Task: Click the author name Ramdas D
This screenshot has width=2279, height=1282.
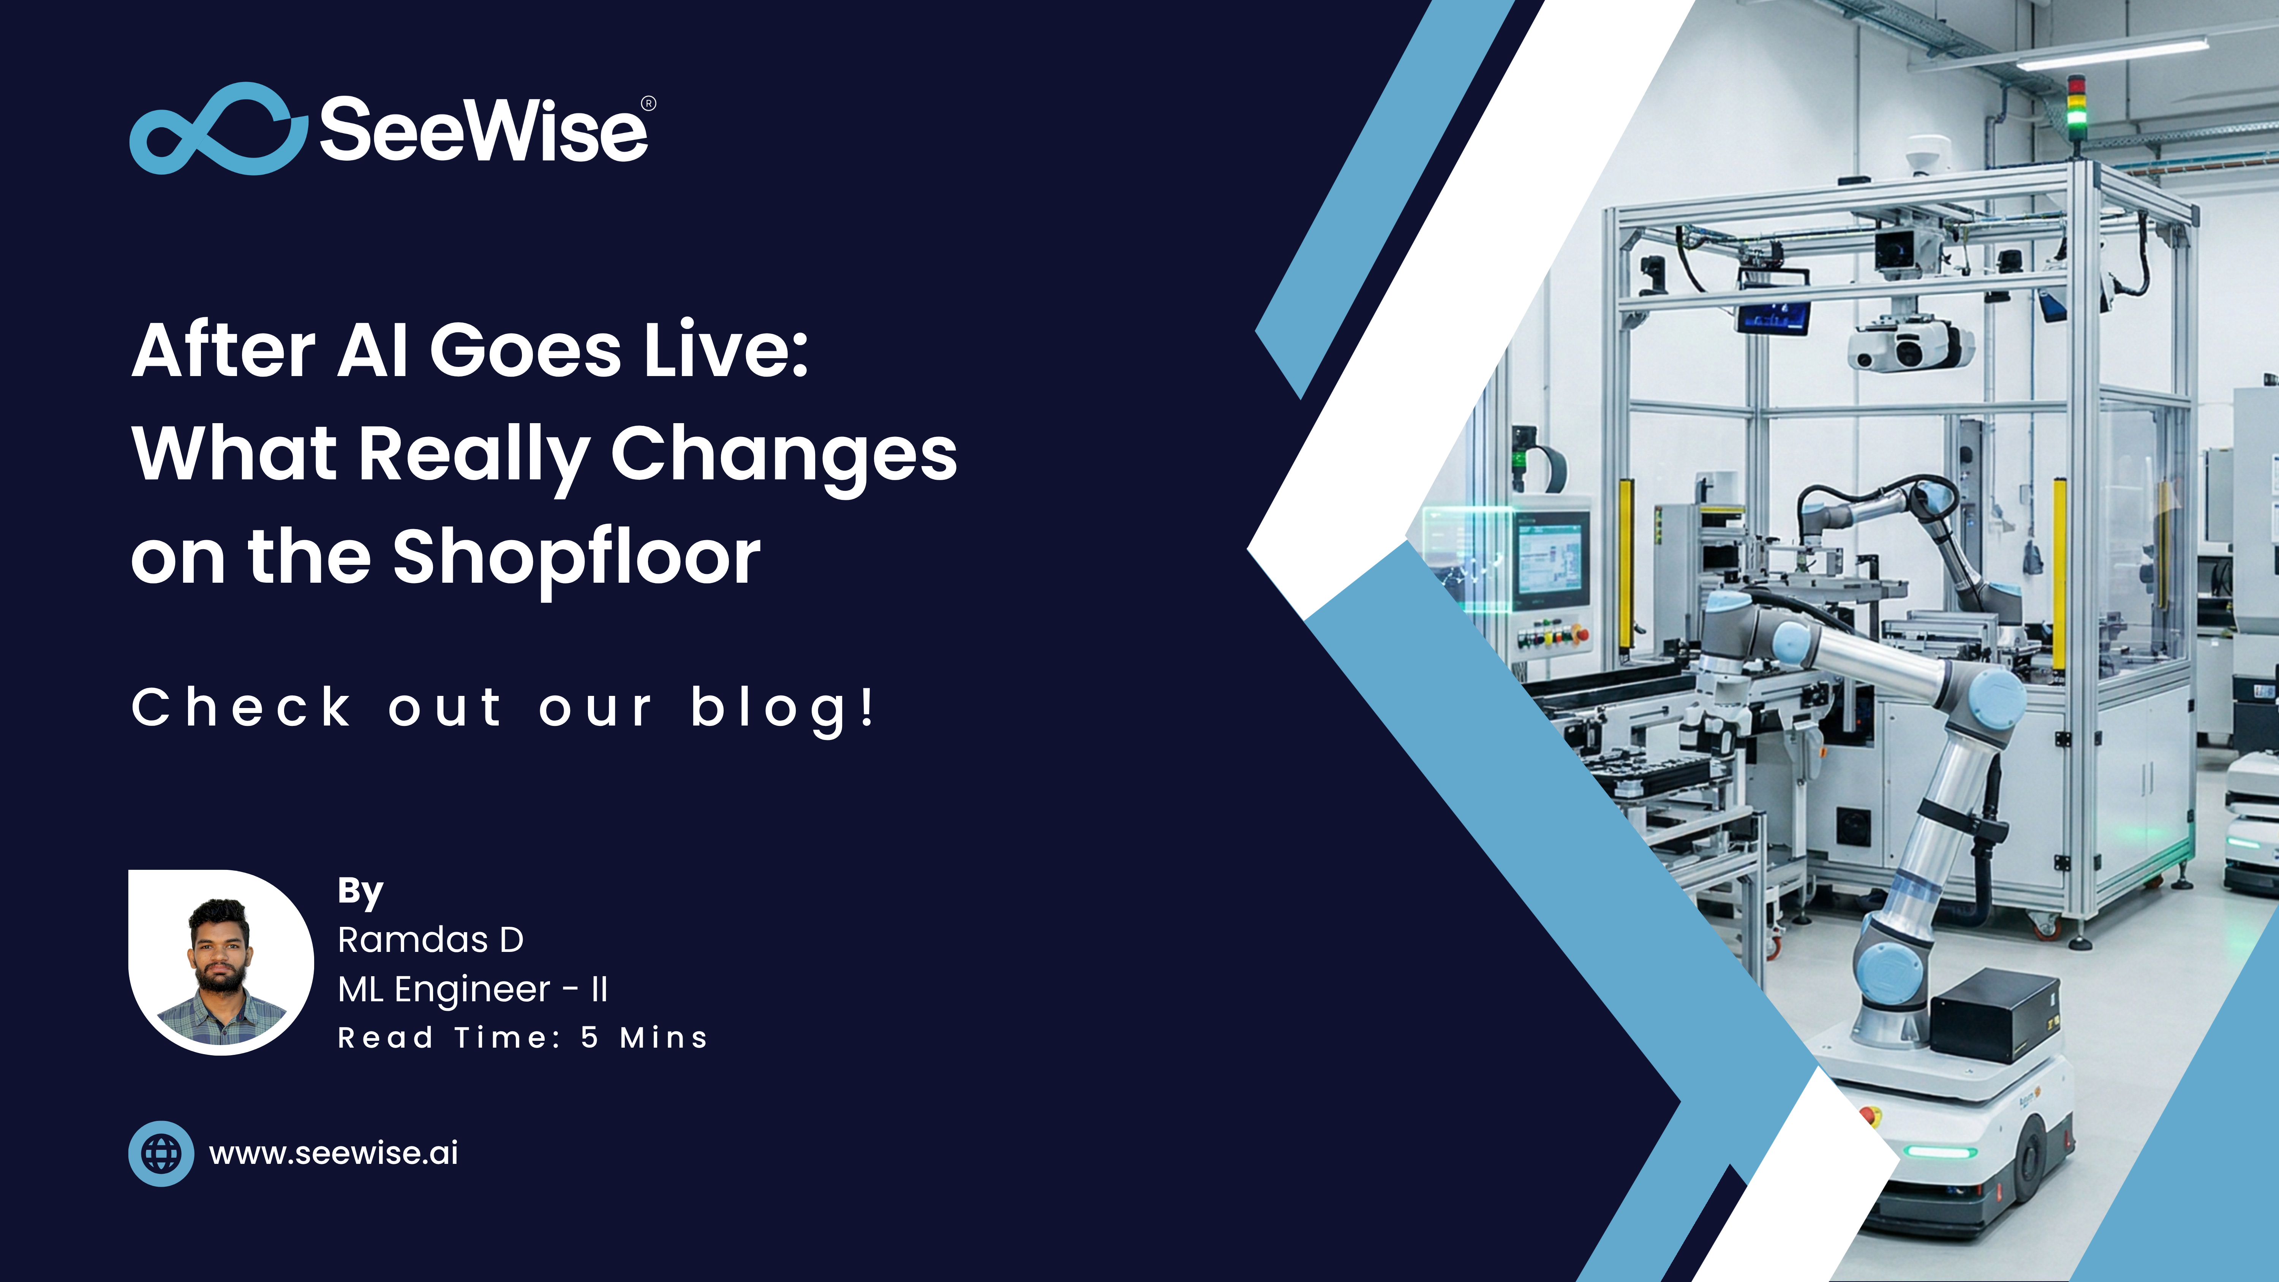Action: point(431,940)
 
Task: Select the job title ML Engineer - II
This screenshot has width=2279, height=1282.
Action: point(473,989)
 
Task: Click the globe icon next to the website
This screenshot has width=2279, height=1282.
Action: point(161,1153)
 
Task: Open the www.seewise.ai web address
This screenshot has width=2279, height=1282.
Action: point(333,1153)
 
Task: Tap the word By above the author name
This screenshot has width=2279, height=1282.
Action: point(360,891)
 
